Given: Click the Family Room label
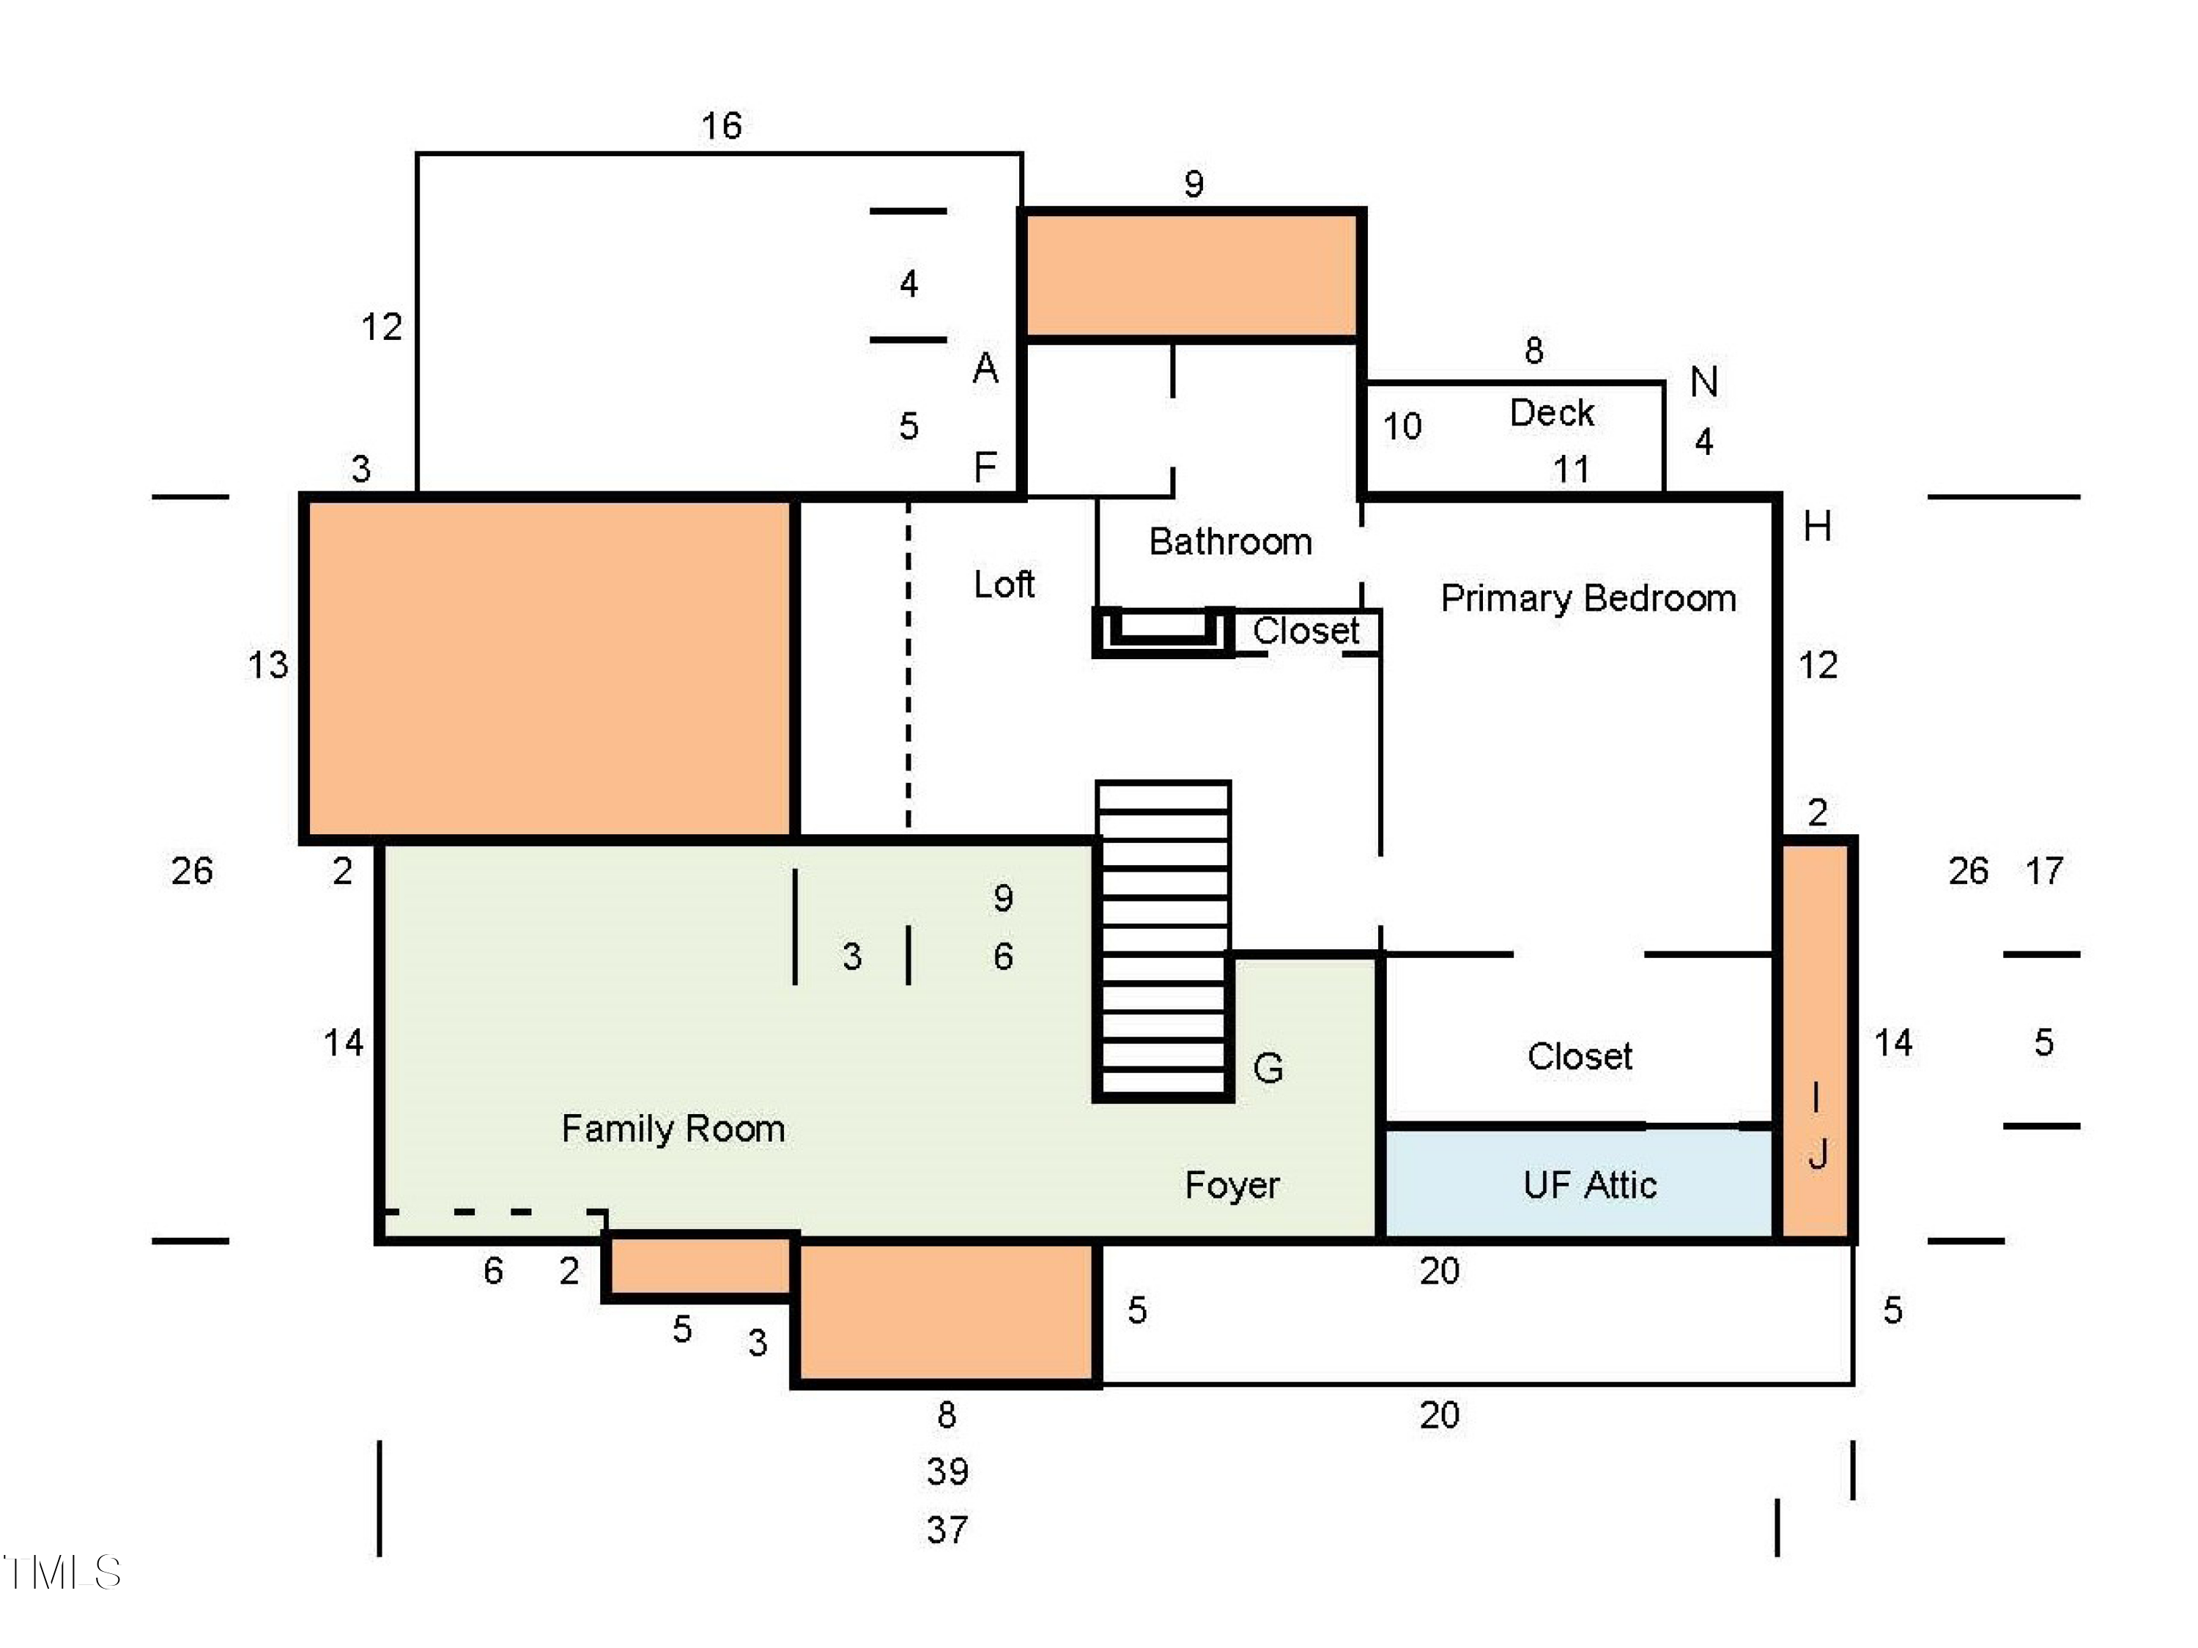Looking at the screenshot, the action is pos(673,1129).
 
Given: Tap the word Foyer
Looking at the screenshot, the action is pos(1232,1185).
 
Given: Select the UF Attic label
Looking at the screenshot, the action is pos(1590,1185).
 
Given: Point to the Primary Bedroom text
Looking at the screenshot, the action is pos(1588,598).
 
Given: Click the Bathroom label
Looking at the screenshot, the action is pos(1230,541).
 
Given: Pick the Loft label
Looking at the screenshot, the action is pos(1004,584).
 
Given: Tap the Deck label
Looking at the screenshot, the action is pos(1551,412).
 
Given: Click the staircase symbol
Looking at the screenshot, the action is pos(1163,940).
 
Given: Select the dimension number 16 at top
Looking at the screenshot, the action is pos(722,126).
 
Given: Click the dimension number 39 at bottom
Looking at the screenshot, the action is pos(947,1471).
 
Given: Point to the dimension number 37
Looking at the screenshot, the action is pos(947,1530).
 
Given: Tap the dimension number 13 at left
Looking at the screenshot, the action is pos(267,664).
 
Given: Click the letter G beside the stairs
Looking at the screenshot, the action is pos(1268,1069).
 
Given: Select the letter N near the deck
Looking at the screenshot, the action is pos(1704,382).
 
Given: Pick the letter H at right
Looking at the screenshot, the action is pos(1818,527).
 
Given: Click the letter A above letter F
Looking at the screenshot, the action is pos(985,368).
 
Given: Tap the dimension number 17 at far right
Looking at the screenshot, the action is pos(2044,871).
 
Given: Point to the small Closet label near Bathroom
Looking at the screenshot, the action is pos(1306,631).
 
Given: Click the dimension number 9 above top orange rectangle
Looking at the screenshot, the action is pos(1194,184).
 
